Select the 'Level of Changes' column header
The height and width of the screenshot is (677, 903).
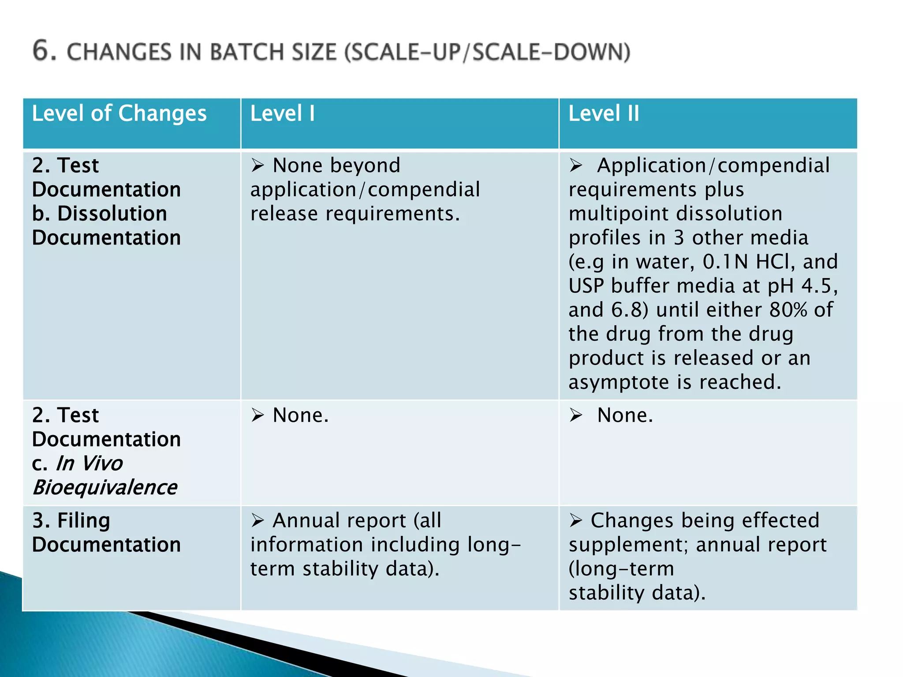(x=119, y=113)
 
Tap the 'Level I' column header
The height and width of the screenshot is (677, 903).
(x=282, y=113)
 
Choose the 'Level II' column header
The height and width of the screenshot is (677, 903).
(x=603, y=113)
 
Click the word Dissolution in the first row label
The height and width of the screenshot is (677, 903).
(x=112, y=214)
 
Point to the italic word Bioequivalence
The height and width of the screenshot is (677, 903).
(x=104, y=487)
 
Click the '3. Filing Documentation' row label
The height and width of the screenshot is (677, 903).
(x=106, y=532)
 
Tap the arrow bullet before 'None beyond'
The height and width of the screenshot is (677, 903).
(x=257, y=166)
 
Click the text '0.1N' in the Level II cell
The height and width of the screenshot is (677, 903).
(x=725, y=262)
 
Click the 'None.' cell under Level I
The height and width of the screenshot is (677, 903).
(x=300, y=415)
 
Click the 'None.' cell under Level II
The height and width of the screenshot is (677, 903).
(x=624, y=415)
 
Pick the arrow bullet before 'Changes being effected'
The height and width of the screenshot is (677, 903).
(x=575, y=521)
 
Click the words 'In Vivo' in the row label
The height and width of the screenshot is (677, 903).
(x=89, y=463)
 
